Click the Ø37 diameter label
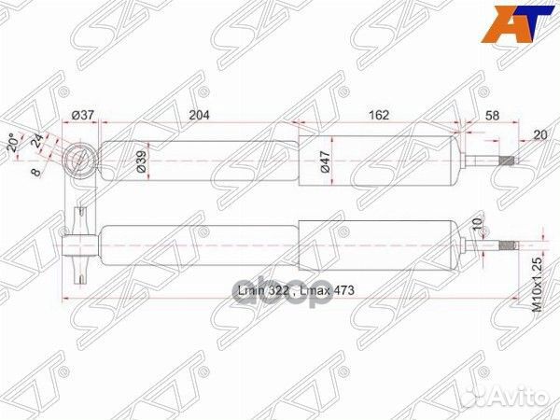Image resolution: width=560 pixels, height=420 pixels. point(84,115)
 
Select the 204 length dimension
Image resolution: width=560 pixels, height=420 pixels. point(200,115)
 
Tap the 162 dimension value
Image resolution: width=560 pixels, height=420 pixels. point(378,115)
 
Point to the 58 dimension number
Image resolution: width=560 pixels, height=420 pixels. point(493,115)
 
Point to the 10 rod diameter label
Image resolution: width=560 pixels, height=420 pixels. point(476,226)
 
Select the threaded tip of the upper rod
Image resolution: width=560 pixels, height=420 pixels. point(508,161)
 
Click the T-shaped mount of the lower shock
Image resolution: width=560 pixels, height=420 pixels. point(80,246)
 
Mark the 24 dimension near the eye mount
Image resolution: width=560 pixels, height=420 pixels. point(36,141)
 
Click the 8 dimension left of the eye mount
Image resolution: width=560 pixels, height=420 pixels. point(35,172)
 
